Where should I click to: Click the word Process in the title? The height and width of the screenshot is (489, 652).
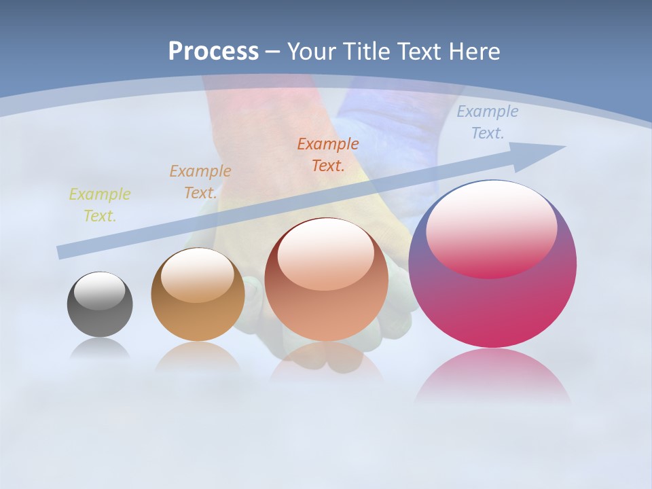coord(213,52)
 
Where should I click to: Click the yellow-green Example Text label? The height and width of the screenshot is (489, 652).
coord(99,205)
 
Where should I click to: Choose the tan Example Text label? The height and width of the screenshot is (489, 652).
coord(200,182)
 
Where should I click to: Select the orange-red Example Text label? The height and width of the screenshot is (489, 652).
coord(328,154)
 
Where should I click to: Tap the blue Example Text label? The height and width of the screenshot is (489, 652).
coord(487,122)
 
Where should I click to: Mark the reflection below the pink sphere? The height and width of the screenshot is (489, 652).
coord(492,374)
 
